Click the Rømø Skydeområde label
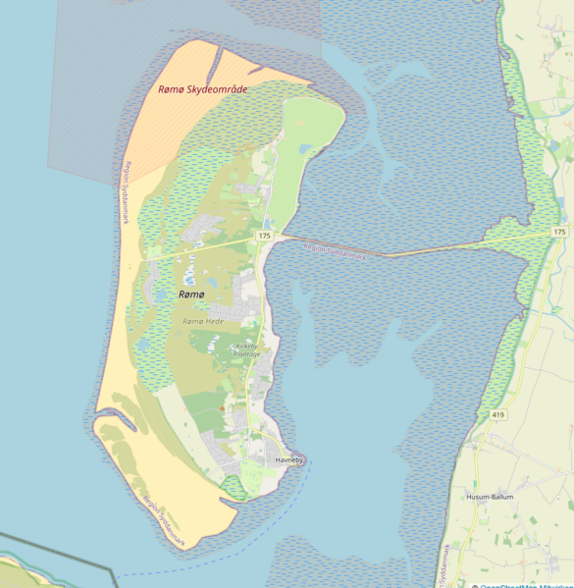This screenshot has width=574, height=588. [203, 89]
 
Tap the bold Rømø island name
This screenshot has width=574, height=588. [191, 294]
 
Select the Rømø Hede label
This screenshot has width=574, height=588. [203, 321]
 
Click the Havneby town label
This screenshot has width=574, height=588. [289, 459]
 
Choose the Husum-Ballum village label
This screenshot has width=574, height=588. [490, 497]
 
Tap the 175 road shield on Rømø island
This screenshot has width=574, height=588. [264, 237]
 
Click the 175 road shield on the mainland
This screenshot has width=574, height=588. [558, 231]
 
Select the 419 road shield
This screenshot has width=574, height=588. [497, 415]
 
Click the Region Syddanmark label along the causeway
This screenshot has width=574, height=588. [333, 251]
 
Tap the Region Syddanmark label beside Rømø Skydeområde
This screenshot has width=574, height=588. [125, 195]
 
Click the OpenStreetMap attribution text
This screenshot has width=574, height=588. [521, 585]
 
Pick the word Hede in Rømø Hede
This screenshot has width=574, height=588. [215, 321]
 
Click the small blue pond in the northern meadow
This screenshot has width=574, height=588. [306, 149]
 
